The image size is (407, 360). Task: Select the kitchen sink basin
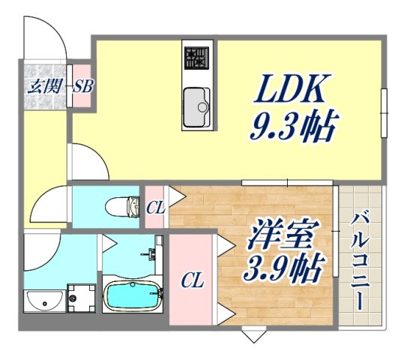[198, 105]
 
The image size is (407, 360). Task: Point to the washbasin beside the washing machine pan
[45, 301]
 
